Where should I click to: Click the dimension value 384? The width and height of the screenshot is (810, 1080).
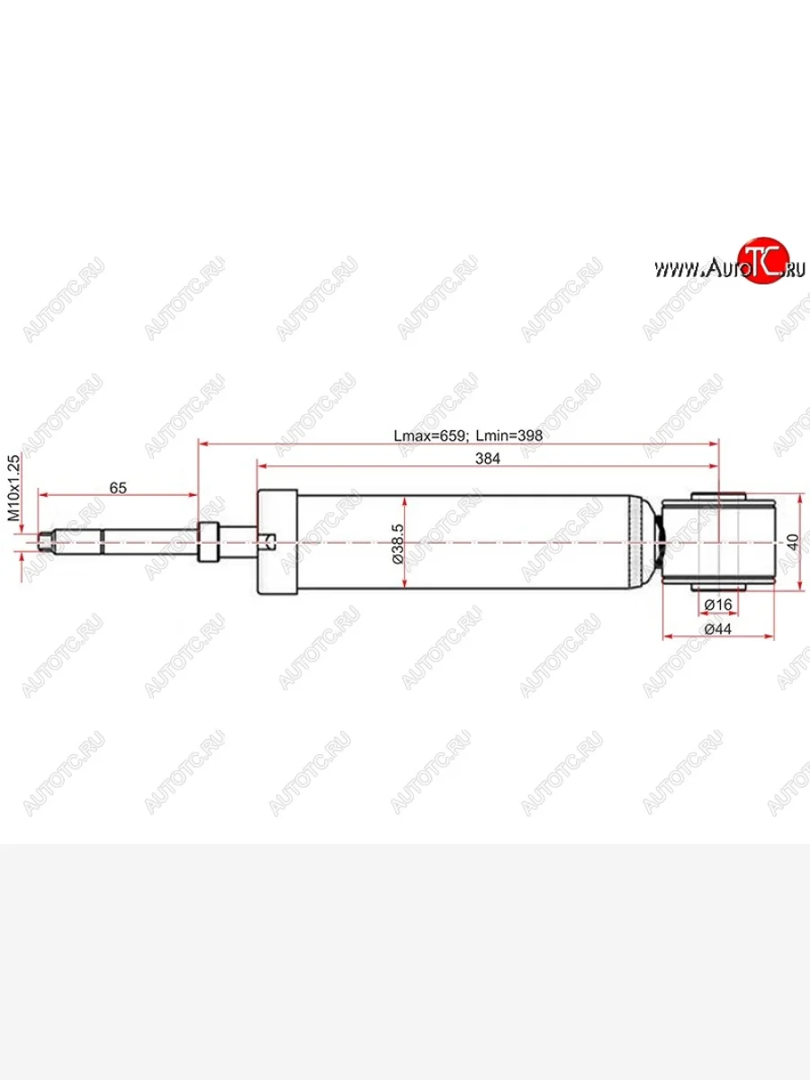tap(488, 457)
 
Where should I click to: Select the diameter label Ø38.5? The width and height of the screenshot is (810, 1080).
tap(398, 544)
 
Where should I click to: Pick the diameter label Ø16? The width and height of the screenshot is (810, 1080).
tap(716, 603)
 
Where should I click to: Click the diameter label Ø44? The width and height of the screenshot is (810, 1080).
tap(716, 628)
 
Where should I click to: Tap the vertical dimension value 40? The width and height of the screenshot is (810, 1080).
tap(792, 543)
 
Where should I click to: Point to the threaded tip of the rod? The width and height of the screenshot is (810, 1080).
tap(47, 542)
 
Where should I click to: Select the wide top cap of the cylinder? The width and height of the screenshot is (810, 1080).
tap(276, 542)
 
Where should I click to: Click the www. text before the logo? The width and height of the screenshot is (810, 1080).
tap(677, 269)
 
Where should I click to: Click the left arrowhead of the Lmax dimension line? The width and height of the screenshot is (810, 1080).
tap(202, 443)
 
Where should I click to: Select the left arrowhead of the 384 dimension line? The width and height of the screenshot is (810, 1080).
tap(262, 465)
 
